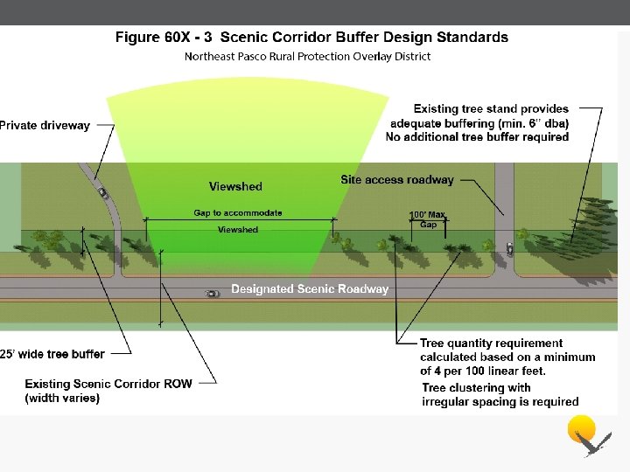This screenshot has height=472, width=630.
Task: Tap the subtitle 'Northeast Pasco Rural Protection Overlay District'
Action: [x=307, y=57]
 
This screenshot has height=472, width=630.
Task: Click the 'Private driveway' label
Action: [x=45, y=126]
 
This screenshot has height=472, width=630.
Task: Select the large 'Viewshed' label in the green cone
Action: [x=235, y=186]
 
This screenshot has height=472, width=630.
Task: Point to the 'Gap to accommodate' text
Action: [x=238, y=212]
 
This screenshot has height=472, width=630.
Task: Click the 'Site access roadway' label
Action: [x=397, y=180]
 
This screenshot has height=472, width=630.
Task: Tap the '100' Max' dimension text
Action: [x=428, y=215]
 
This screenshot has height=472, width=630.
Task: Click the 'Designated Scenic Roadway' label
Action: [x=310, y=288]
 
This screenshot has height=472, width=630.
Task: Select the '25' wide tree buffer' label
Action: [x=52, y=354]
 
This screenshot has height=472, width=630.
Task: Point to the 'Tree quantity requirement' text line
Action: [x=491, y=344]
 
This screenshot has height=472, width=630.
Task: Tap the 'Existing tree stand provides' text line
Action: [x=491, y=109]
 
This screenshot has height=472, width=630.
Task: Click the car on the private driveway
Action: [x=103, y=192]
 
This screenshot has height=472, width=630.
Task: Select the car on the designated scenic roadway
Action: [x=212, y=294]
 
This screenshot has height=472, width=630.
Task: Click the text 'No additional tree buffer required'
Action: [x=477, y=137]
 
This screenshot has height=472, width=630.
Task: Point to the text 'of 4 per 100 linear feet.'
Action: [x=482, y=371]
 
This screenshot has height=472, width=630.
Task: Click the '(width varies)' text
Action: [x=62, y=399]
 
